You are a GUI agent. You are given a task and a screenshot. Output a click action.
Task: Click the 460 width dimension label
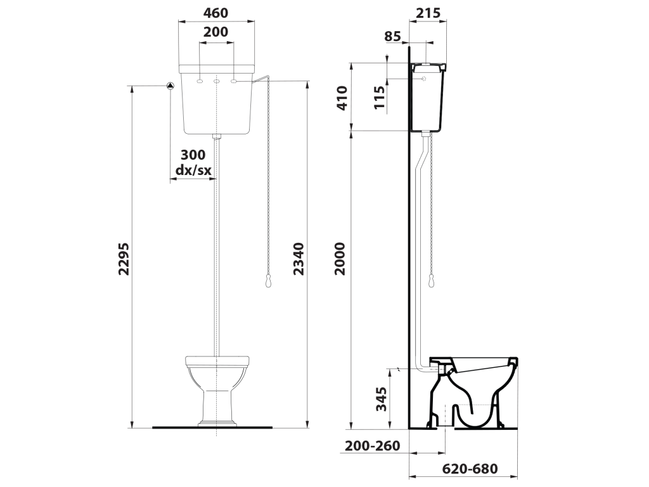coord(216,13)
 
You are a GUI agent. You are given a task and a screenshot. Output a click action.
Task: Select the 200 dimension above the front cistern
coord(216,32)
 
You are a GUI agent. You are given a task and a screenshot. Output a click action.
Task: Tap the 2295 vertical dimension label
coord(124,259)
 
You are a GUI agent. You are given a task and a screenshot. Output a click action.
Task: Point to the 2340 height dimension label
coord(299,259)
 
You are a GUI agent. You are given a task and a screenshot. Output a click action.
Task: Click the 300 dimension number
coord(193,155)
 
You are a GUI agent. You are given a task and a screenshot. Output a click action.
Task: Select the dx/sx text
coord(193,170)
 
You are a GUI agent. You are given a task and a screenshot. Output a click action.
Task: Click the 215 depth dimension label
coord(428,13)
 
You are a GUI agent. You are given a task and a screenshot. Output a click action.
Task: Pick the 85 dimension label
coord(393,37)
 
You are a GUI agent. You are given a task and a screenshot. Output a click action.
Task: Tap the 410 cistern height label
coord(342,98)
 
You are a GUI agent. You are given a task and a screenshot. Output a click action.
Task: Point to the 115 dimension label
coord(379,97)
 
